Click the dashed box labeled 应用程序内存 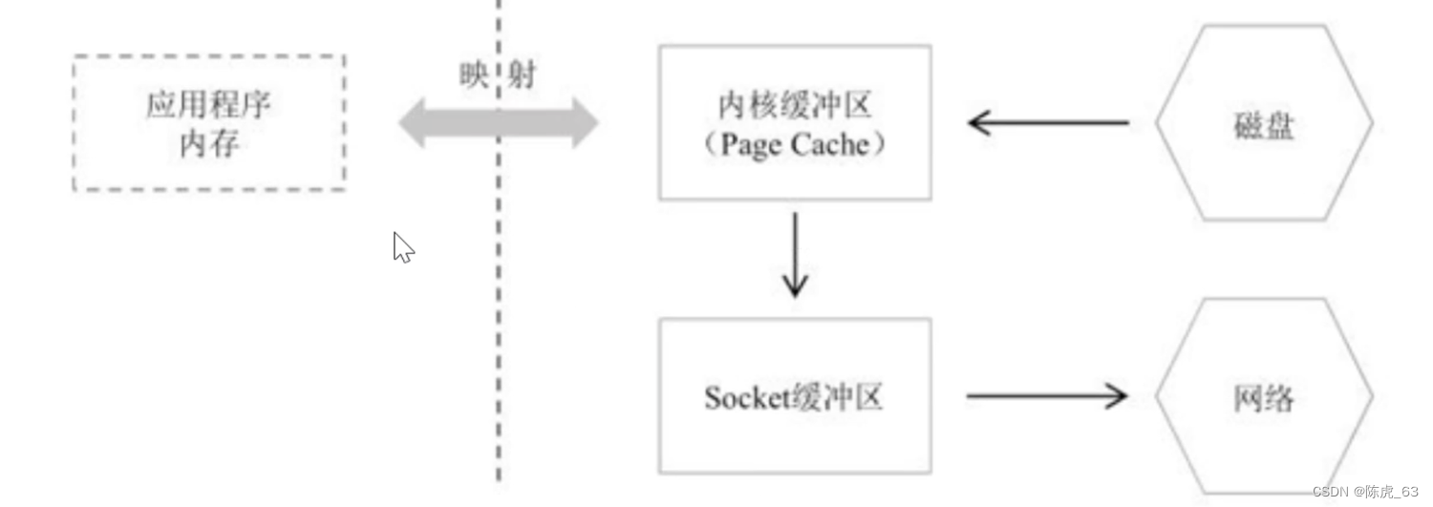point(209,122)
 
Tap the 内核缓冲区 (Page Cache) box point(794,122)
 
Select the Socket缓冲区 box point(794,395)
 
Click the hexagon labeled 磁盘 point(1263,123)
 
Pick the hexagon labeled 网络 point(1263,396)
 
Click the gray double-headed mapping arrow point(498,123)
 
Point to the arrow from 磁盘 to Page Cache point(1048,122)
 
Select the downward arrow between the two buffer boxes point(794,255)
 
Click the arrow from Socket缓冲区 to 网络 point(1048,395)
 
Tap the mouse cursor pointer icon point(403,247)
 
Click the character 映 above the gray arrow point(473,76)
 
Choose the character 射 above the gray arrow point(522,76)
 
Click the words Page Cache point(795,145)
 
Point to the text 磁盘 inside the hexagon point(1263,124)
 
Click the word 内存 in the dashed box point(209,144)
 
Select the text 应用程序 point(209,104)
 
